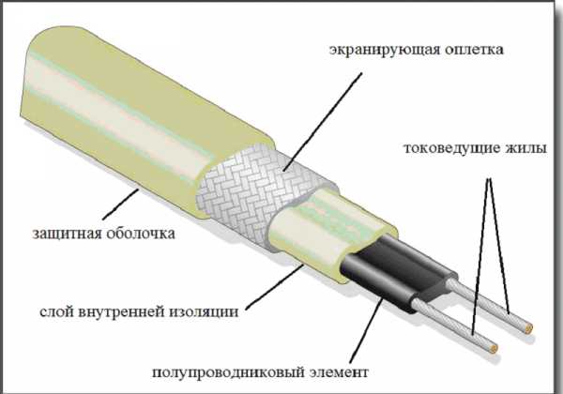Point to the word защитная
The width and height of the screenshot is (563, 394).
[x=67, y=231]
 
